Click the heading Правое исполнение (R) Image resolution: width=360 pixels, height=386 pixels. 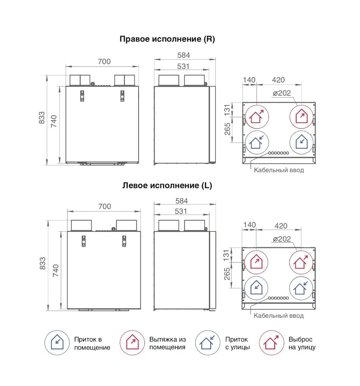tap(167, 39)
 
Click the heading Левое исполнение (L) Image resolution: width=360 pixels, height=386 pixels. tap(167, 185)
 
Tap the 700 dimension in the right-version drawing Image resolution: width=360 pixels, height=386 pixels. tap(104, 62)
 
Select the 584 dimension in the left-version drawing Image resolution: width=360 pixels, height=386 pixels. tap(182, 201)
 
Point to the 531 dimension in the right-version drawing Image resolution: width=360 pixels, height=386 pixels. tap(183, 66)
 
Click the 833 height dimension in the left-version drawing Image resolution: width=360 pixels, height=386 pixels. tap(43, 263)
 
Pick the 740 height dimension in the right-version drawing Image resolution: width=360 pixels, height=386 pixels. tap(54, 121)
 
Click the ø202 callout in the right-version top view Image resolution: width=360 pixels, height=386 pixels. tap(282, 93)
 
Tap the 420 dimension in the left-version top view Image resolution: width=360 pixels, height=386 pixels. tap(281, 226)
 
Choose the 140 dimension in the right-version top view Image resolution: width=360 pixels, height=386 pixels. tap(249, 80)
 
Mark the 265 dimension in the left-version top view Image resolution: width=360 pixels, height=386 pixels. tap(227, 274)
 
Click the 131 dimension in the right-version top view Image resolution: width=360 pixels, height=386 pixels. tap(227, 110)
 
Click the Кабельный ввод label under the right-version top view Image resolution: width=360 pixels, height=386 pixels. tap(279, 170)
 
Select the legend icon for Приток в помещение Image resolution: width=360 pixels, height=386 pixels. tap(57, 343)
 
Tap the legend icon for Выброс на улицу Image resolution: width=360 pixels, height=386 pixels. tap(271, 343)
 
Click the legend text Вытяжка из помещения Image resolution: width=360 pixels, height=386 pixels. tap(167, 343)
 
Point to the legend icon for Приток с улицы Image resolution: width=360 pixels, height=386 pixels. tap(208, 343)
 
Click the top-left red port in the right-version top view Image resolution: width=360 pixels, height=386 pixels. tap(257, 117)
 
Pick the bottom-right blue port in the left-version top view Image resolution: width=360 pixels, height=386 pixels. tap(301, 288)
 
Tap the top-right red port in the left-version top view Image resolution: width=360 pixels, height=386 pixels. tap(301, 262)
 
